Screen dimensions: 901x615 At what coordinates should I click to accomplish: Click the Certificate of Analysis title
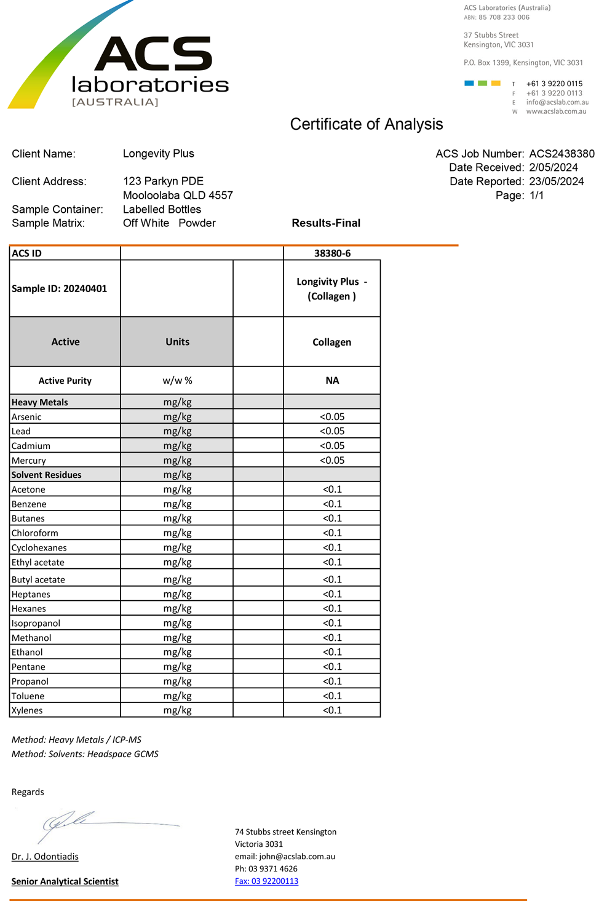(366, 124)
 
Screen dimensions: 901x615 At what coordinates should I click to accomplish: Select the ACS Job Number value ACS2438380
(561, 154)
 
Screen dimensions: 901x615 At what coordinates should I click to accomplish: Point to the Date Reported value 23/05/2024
(556, 181)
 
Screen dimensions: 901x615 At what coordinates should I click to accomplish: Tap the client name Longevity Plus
(158, 154)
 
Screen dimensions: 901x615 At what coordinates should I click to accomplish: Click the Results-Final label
(326, 223)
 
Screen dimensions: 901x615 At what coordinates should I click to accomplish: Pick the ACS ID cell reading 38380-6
(332, 253)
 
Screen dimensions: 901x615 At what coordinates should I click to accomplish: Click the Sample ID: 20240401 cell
(60, 288)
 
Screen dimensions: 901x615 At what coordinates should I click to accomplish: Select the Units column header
(177, 342)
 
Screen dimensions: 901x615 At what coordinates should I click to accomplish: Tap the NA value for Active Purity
(332, 381)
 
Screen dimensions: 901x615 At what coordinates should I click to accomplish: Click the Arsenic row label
(26, 417)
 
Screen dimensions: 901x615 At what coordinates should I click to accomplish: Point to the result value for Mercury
(332, 461)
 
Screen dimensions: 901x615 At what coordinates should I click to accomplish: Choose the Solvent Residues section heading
(47, 475)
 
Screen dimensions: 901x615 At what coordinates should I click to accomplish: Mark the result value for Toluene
(332, 696)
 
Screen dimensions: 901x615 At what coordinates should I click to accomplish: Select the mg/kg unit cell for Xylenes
(177, 710)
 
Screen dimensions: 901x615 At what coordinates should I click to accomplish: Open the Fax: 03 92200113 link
(266, 881)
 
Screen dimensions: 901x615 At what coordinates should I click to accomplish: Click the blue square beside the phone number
(469, 83)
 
